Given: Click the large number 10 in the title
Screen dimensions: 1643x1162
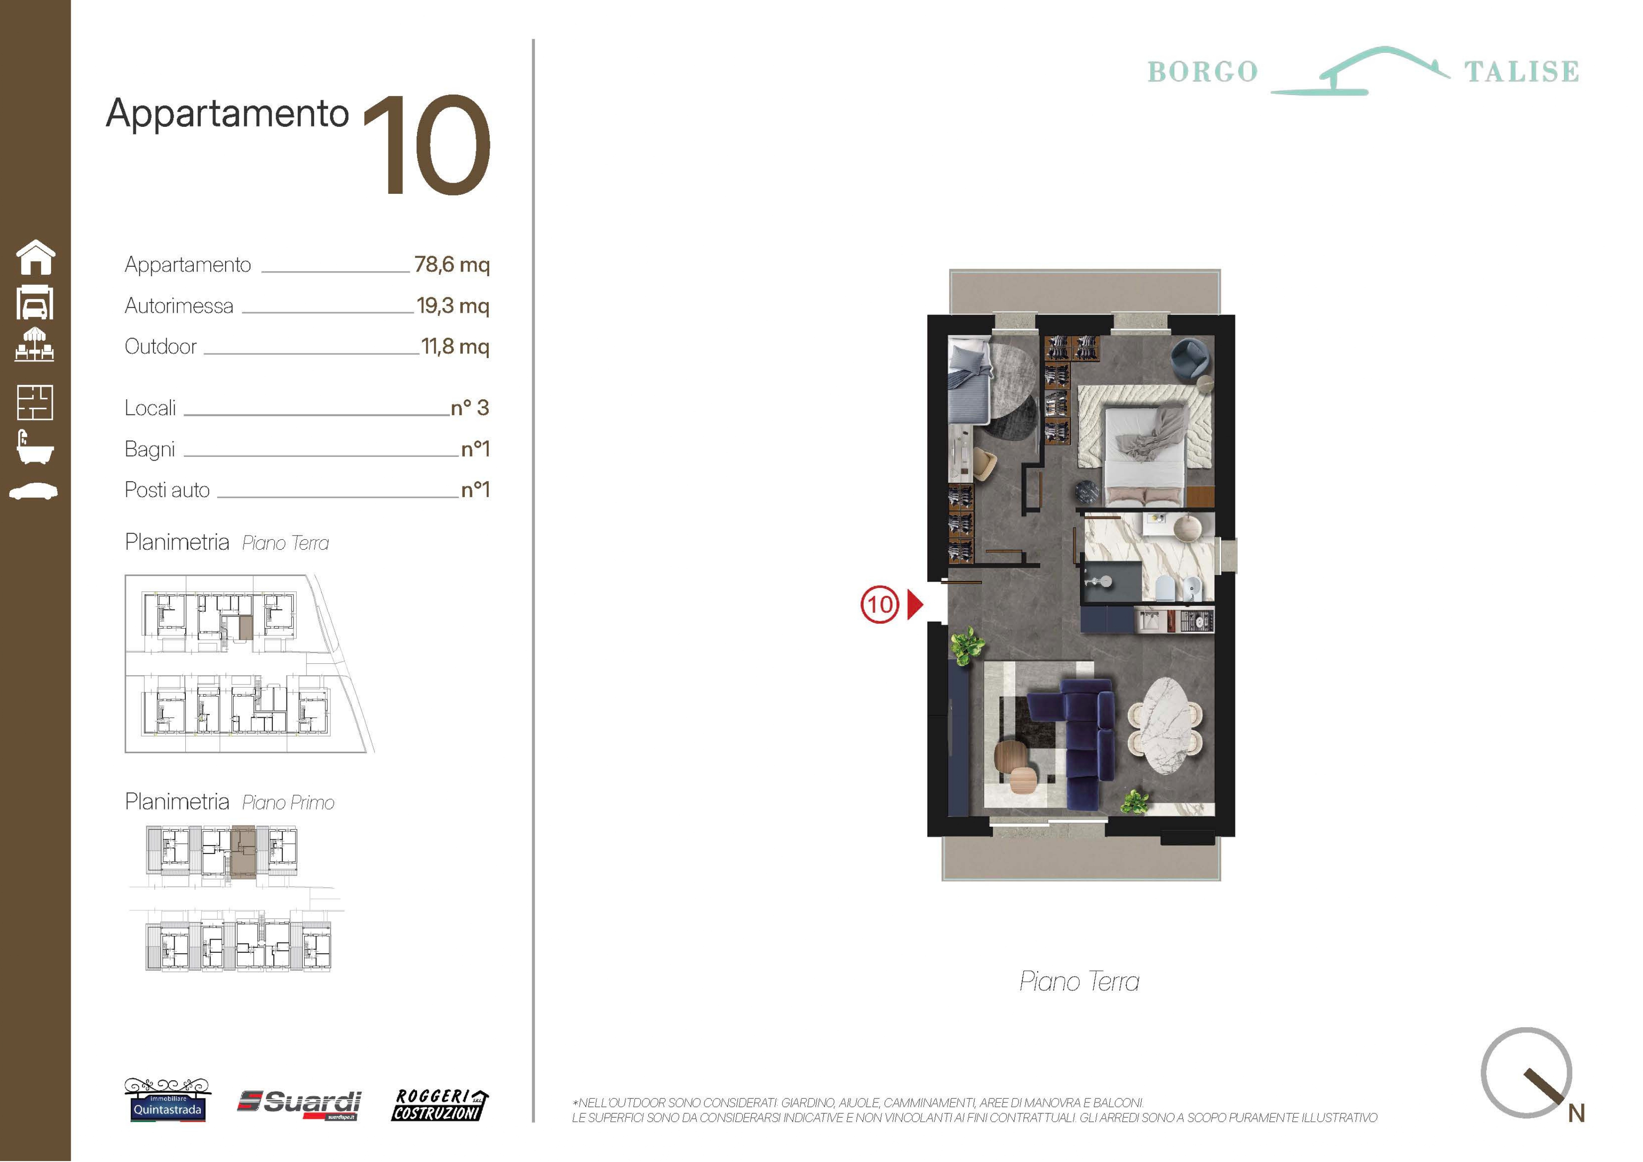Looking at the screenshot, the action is click(x=428, y=145).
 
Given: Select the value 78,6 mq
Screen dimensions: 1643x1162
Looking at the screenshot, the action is click(x=452, y=265).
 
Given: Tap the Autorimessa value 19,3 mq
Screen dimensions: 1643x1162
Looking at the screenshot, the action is click(x=453, y=306).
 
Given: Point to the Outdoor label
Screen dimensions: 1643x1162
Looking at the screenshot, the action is click(x=160, y=346).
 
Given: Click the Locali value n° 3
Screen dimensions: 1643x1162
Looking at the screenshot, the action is click(x=470, y=408).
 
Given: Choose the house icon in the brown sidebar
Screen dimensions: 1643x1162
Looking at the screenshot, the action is click(x=36, y=257).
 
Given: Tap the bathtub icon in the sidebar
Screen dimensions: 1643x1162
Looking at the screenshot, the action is click(x=34, y=447).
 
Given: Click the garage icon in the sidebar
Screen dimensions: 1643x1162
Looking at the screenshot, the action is click(x=34, y=302).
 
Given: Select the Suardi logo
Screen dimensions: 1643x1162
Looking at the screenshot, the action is click(x=299, y=1104).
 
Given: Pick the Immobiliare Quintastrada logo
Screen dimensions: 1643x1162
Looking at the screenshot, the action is click(x=168, y=1100).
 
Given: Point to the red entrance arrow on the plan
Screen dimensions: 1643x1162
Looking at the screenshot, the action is click(x=915, y=604).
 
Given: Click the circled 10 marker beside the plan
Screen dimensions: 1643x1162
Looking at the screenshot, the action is click(x=880, y=604).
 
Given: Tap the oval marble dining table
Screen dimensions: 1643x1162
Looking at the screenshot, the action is click(x=1165, y=726).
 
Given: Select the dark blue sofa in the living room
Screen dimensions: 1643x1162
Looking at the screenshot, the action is click(x=1077, y=744).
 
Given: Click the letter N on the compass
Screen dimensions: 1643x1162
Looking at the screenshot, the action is click(x=1577, y=1113).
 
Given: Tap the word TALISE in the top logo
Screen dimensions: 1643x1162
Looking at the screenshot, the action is click(x=1521, y=72).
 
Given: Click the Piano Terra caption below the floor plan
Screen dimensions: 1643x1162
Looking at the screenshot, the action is click(x=1079, y=982).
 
